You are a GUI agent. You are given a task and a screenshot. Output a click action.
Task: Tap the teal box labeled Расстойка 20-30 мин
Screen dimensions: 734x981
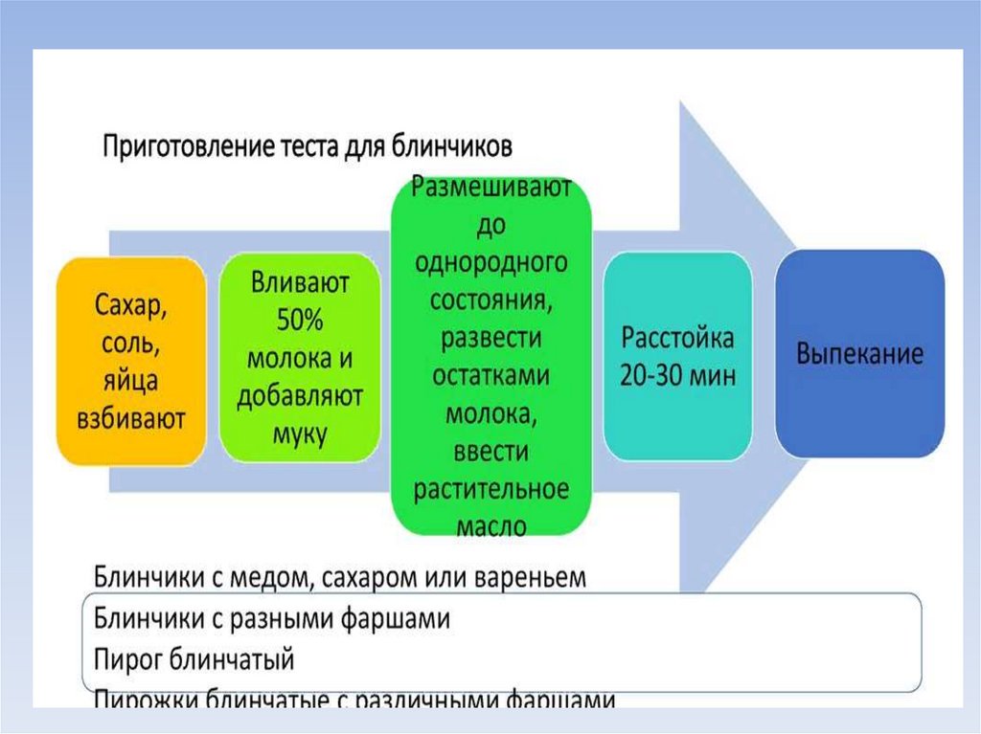click(678, 356)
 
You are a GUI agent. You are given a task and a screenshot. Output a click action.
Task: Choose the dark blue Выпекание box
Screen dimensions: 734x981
click(859, 353)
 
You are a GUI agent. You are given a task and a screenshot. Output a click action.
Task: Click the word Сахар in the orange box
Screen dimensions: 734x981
click(130, 308)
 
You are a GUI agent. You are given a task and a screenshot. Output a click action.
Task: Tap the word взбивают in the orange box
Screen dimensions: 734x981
click(130, 418)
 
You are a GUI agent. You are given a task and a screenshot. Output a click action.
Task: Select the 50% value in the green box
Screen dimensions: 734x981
click(301, 320)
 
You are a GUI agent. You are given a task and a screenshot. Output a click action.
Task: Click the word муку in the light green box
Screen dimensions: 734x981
click(301, 434)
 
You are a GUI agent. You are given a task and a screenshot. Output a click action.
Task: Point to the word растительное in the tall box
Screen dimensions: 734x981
click(491, 489)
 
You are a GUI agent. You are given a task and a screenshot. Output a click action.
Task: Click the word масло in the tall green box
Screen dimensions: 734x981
click(491, 525)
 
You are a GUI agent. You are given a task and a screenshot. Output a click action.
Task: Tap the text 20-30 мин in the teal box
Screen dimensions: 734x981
click(678, 375)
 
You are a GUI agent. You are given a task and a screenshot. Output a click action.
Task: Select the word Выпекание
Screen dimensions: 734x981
click(859, 353)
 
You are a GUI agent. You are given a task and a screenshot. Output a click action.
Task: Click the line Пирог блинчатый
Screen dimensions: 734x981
click(194, 660)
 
